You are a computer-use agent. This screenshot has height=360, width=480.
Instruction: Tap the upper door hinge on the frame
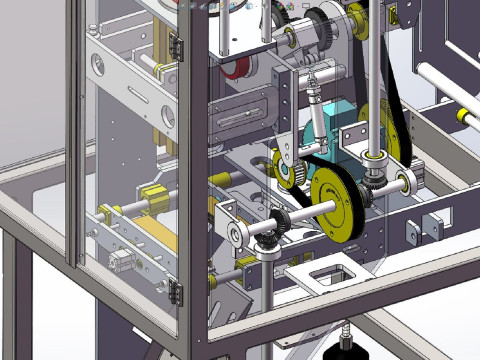pyautogui.click(x=177, y=46)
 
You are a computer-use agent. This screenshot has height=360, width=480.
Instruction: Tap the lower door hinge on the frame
pyautogui.click(x=177, y=292)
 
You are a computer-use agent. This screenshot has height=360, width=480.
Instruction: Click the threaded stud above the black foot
pyautogui.click(x=347, y=328)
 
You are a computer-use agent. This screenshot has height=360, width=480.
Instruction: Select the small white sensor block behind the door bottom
pyautogui.click(x=117, y=262)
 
